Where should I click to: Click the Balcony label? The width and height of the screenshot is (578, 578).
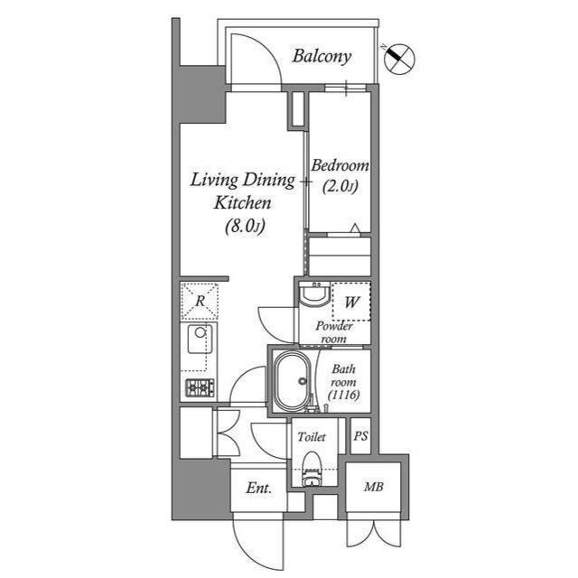pyautogui.click(x=322, y=56)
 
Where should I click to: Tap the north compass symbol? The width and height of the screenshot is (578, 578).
pyautogui.click(x=399, y=59)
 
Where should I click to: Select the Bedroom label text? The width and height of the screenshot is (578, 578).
pyautogui.click(x=340, y=166)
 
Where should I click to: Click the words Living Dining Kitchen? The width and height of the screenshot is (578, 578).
pyautogui.click(x=242, y=191)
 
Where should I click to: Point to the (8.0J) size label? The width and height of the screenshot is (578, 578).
pyautogui.click(x=243, y=227)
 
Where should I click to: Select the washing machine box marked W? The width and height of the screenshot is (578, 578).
pyautogui.click(x=350, y=303)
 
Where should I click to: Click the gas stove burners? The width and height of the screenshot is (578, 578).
pyautogui.click(x=200, y=388)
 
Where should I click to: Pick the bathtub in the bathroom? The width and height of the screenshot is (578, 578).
pyautogui.click(x=292, y=379)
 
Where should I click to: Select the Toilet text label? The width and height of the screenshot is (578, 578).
pyautogui.click(x=312, y=437)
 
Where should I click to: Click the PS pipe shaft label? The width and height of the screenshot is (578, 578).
pyautogui.click(x=360, y=437)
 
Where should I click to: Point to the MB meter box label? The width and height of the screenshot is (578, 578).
pyautogui.click(x=372, y=488)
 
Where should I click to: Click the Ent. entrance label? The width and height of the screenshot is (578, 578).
pyautogui.click(x=259, y=489)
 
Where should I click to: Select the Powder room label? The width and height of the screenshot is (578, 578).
pyautogui.click(x=332, y=331)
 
